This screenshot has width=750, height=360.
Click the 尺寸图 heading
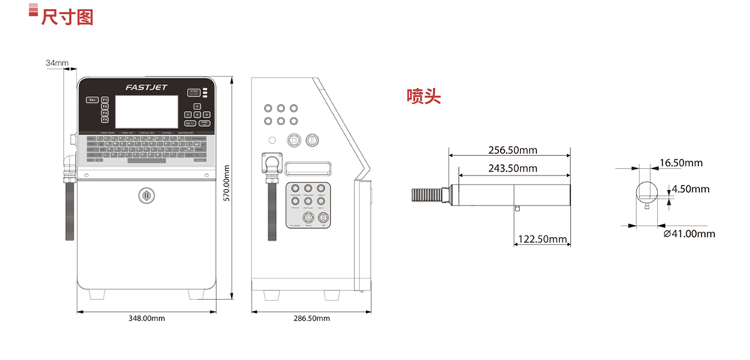click(x=67, y=16)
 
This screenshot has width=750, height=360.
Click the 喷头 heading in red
click(x=424, y=96)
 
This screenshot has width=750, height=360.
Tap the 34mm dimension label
click(x=56, y=63)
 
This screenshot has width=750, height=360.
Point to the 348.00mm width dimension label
click(x=147, y=319)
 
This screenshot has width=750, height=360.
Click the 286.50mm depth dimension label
click(x=311, y=319)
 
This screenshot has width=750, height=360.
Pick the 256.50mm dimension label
click(x=513, y=150)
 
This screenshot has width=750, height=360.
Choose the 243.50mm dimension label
click(x=513, y=168)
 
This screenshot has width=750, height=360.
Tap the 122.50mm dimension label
click(x=542, y=239)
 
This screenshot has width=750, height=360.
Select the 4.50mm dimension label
click(x=690, y=189)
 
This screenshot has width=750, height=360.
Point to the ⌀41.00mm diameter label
click(x=690, y=234)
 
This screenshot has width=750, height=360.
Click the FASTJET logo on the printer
click(x=146, y=88)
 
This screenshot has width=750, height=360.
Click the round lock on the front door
click(x=146, y=195)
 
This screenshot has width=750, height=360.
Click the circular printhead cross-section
click(x=647, y=190)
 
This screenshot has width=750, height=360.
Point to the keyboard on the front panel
click(x=146, y=148)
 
